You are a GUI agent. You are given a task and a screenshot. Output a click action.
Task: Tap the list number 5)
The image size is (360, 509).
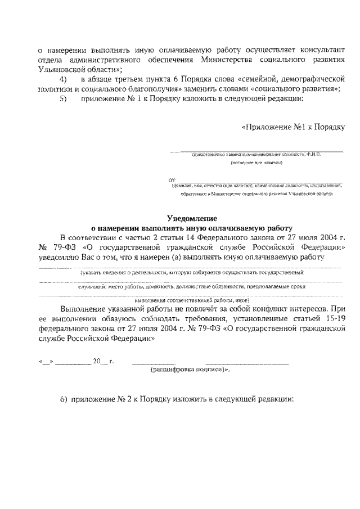coord(63,98)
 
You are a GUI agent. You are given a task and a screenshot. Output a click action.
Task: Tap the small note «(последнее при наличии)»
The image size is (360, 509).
coord(256,163)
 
